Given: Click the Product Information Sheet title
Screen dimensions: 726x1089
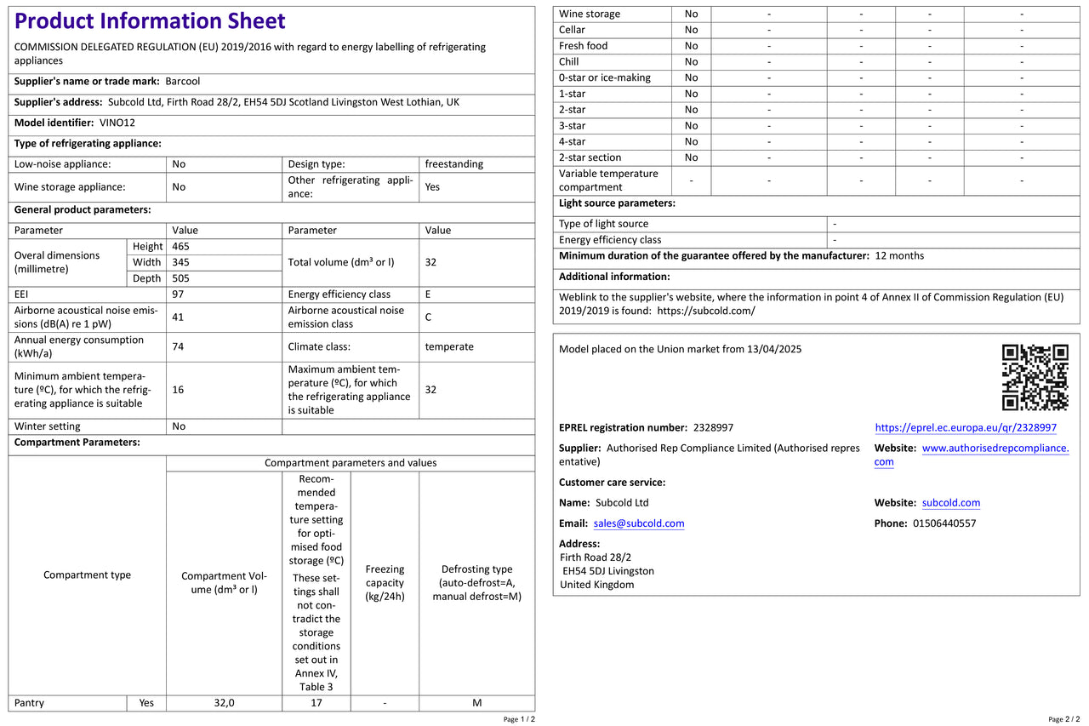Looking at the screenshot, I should tap(150, 21).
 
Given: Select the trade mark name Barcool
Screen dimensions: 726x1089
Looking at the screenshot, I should tap(183, 81).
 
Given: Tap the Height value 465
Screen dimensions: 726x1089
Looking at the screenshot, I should tap(181, 246).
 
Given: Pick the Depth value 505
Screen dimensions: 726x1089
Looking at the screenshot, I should tap(181, 278).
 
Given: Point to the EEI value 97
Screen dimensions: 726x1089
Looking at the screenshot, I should tap(178, 294).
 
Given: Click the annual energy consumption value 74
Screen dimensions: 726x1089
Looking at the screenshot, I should tap(178, 346).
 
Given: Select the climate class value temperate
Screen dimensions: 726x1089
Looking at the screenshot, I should tap(449, 346).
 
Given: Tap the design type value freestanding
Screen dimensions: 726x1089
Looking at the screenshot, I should tap(453, 164).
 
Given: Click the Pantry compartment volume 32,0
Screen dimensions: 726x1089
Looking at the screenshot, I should tap(224, 703).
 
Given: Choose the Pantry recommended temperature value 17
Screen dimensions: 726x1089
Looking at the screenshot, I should tap(316, 703).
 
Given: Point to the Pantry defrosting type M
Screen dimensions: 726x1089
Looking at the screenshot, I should tap(476, 703).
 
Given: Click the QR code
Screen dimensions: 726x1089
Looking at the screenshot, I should tap(1035, 377).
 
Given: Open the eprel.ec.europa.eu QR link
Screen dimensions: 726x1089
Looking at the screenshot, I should tap(966, 428).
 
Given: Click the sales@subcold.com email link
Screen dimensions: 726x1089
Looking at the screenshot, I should tap(639, 523).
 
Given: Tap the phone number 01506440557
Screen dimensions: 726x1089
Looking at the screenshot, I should tap(944, 523).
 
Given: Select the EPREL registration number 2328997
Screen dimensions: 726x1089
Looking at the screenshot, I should tap(713, 428).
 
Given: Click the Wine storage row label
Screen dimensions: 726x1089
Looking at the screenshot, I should tap(590, 14).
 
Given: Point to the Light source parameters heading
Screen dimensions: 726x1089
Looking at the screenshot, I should tap(617, 203).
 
